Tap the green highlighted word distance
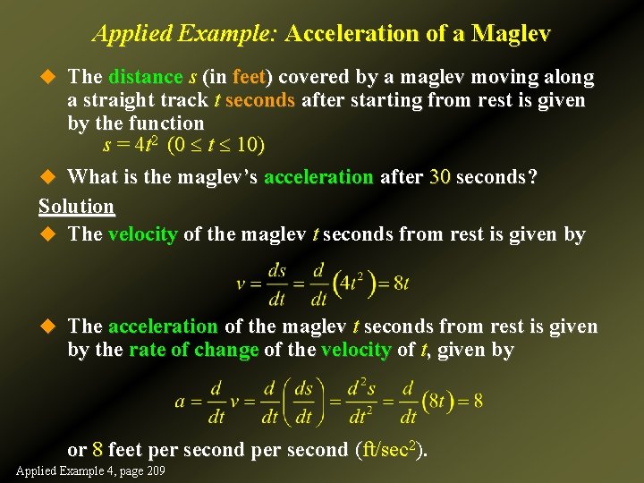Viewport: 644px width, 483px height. point(144,77)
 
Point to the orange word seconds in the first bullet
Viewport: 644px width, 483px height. point(260,100)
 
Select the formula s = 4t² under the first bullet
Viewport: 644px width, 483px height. point(132,145)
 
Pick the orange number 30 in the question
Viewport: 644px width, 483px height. point(439,176)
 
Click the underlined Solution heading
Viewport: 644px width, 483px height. point(76,206)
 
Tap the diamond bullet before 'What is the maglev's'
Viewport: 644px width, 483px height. point(49,176)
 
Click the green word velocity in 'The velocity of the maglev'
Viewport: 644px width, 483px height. point(142,234)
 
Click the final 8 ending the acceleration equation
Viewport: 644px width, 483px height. point(478,401)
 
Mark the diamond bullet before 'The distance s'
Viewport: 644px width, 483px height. point(49,77)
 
